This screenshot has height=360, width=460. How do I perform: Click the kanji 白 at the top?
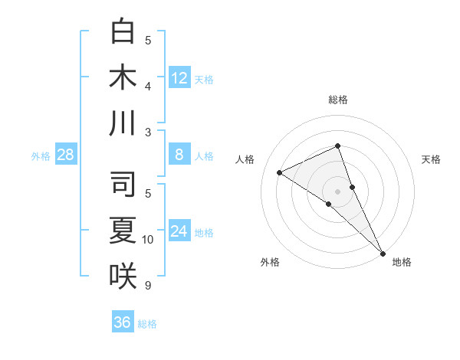(x=123, y=32)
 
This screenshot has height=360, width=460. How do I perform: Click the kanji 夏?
(x=123, y=230)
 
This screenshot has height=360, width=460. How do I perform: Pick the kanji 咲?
(x=123, y=275)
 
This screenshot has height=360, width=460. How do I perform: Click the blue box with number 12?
(x=179, y=77)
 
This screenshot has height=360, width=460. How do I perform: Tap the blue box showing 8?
(x=179, y=155)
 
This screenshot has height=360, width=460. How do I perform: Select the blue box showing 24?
(x=179, y=231)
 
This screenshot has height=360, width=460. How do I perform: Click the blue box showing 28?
(x=66, y=155)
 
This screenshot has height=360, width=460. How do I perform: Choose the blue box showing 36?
(x=123, y=322)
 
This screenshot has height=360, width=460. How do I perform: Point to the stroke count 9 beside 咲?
(x=148, y=286)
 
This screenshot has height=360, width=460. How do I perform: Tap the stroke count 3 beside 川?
(x=148, y=133)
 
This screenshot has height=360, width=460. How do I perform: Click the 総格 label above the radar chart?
(x=338, y=100)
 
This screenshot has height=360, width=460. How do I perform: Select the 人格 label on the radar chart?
(x=245, y=159)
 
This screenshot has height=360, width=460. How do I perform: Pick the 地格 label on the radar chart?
(x=402, y=262)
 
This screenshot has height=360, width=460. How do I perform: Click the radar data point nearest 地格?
(x=383, y=252)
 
